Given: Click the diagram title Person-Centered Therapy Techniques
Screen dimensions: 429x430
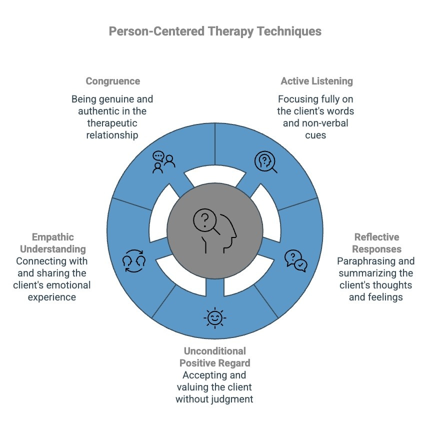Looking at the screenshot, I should [x=215, y=31].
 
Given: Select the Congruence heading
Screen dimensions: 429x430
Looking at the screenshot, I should [x=112, y=81].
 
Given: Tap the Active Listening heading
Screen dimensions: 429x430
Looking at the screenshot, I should [x=316, y=81].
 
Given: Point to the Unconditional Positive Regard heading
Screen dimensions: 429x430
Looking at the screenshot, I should [x=214, y=356].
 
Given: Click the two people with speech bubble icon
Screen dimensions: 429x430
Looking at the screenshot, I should [x=164, y=162].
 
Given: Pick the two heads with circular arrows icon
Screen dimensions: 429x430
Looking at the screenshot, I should [x=134, y=261].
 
